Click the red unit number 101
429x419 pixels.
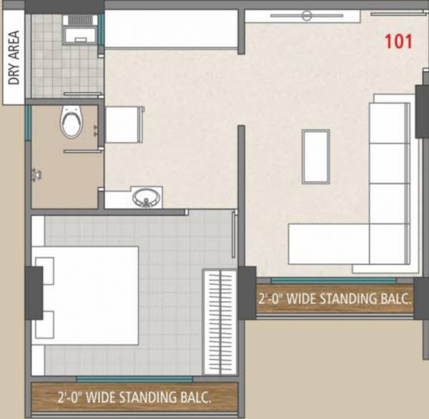point(398,41)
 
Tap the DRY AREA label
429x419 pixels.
point(14,58)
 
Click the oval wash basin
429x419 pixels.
point(147,197)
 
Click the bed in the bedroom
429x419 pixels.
point(89,294)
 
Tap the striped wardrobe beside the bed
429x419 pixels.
point(220,321)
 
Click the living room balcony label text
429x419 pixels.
point(335,298)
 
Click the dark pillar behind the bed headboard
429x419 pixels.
point(32,292)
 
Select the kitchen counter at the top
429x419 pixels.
point(172,29)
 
